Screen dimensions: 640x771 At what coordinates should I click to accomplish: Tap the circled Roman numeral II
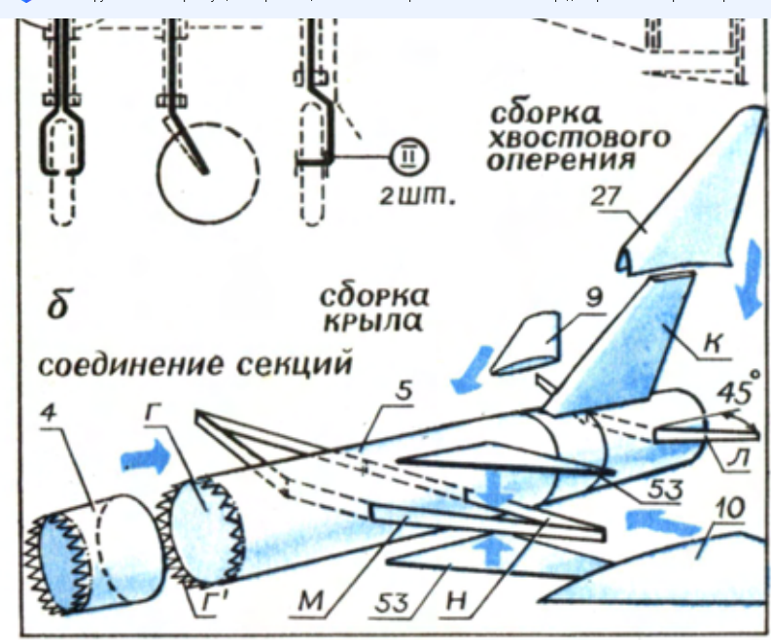tap(407, 158)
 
